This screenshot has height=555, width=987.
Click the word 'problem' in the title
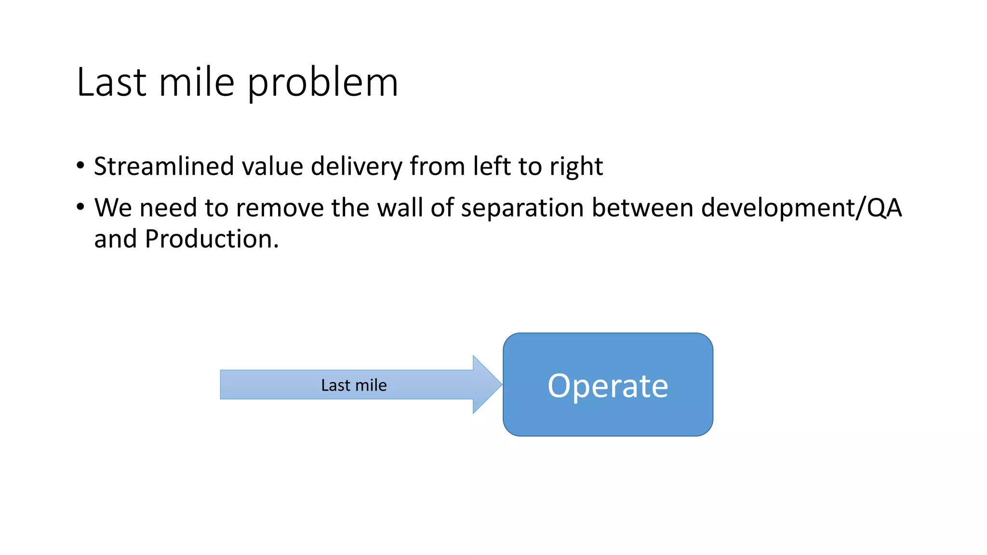click(x=323, y=83)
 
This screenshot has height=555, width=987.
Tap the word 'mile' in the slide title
click(x=197, y=83)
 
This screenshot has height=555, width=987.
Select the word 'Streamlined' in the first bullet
click(x=164, y=166)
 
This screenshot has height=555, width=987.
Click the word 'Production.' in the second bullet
click(x=212, y=239)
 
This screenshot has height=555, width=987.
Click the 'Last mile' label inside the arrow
click(x=354, y=385)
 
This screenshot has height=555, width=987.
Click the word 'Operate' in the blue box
click(x=608, y=386)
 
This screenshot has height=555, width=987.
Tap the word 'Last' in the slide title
click(x=111, y=83)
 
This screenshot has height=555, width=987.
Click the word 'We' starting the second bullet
click(x=113, y=208)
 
